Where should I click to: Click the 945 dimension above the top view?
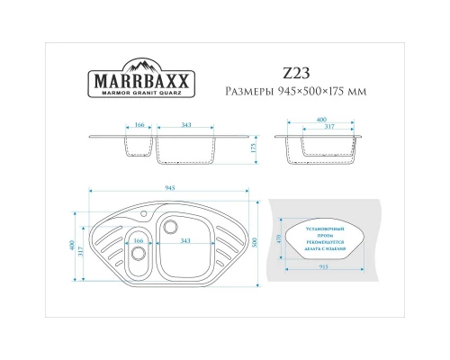tap(171, 187)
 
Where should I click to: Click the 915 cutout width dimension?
tap(322, 267)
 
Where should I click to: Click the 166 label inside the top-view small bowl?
tap(139, 241)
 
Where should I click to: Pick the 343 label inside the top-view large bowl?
tap(184, 241)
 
